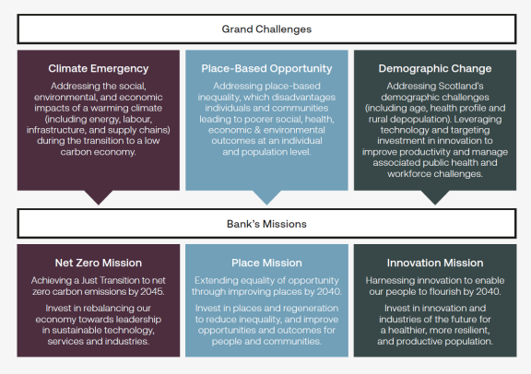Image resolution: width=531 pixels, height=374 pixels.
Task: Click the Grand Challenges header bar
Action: tap(265, 29)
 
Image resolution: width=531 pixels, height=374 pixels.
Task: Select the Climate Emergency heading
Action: tap(99, 68)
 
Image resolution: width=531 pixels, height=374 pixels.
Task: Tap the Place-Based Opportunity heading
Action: tap(266, 68)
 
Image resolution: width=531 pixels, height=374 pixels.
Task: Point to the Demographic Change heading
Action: tap(434, 68)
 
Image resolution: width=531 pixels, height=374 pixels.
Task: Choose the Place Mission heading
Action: tap(266, 263)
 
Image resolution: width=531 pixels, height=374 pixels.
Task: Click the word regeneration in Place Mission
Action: tap(311, 307)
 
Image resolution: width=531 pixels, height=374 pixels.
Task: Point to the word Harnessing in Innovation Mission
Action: tap(394, 279)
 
